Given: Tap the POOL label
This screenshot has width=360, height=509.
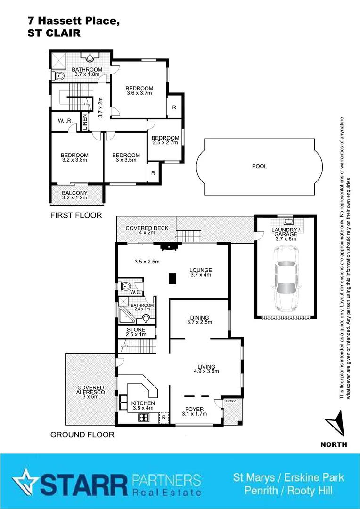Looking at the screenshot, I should click(x=259, y=166).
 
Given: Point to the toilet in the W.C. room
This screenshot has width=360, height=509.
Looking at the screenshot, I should click(x=125, y=287).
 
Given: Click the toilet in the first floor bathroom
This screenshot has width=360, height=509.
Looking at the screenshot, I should click(x=59, y=75).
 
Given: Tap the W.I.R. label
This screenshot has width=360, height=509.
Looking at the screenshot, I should click(x=65, y=121).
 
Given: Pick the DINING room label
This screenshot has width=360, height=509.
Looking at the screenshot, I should click(x=199, y=318).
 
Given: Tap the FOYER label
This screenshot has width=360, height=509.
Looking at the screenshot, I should click(x=194, y=408).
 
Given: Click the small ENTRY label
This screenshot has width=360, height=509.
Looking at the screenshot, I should click(x=230, y=401).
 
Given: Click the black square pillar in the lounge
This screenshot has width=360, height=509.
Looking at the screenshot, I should click(x=173, y=279).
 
